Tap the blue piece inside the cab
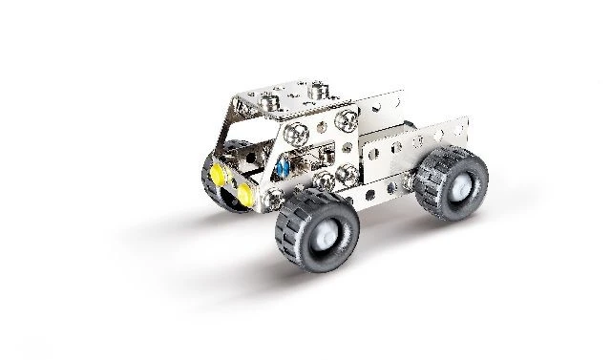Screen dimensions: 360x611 (x=282, y=167)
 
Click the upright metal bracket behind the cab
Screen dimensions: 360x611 (x=392, y=143)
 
